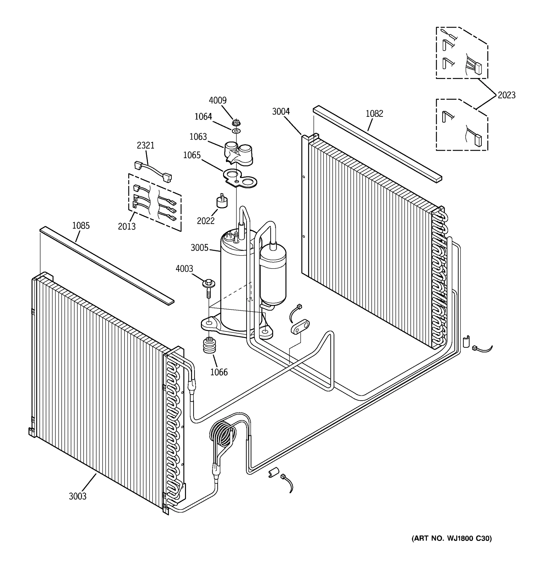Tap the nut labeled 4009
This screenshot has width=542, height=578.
(236, 122)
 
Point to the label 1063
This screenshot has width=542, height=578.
(198, 137)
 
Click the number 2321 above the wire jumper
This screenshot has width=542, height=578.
(145, 145)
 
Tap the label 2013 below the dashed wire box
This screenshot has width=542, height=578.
(126, 226)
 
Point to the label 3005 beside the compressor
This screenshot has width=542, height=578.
(199, 248)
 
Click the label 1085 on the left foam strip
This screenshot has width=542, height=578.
(81, 225)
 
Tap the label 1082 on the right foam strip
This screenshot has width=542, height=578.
(374, 113)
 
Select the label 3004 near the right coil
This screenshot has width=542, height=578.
(281, 111)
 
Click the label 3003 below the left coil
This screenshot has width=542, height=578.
(77, 496)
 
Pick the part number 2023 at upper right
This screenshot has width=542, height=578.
(506, 95)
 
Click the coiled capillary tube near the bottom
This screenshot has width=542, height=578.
(223, 434)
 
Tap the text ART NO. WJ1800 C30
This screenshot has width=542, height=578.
(451, 539)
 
